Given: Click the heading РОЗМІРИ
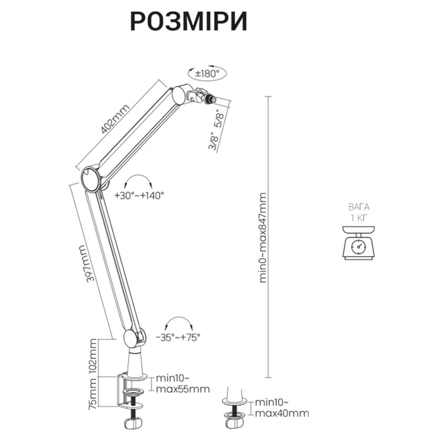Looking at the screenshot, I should click(188, 21).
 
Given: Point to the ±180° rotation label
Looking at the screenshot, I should click(207, 74).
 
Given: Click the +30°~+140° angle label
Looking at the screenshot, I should click(139, 195).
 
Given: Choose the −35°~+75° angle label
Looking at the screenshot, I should click(178, 337).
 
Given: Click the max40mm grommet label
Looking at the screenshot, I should click(282, 413).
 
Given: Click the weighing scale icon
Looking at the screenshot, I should click(358, 243).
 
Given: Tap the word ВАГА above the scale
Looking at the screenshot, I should click(359, 207).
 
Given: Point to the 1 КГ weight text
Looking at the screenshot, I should click(359, 218).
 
